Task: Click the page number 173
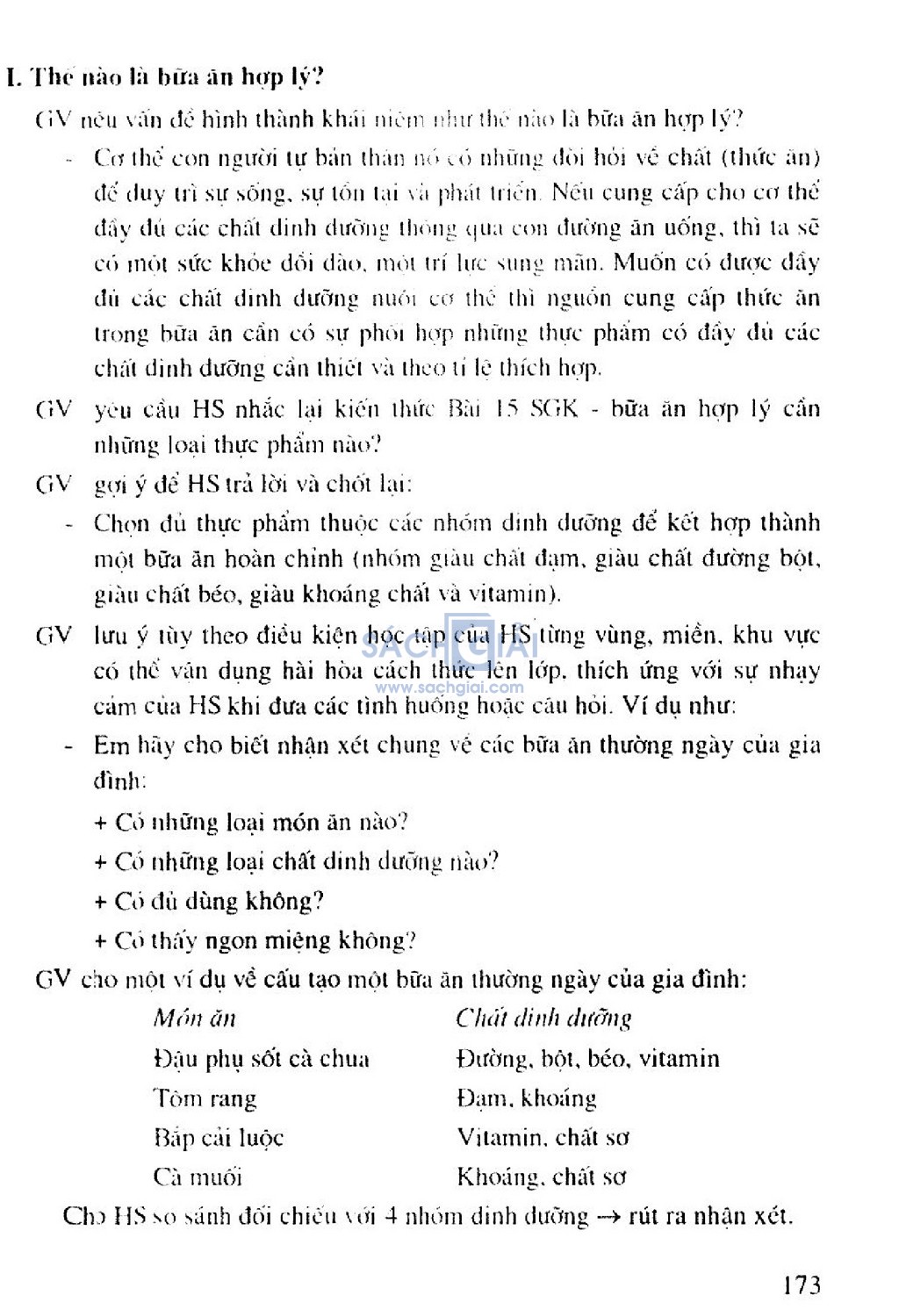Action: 801,1285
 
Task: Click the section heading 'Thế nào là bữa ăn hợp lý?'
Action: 165,77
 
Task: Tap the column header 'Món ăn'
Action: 194,1018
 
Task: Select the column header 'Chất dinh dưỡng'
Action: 543,1018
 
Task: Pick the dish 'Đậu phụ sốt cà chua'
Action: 261,1059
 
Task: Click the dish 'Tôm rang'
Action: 205,1098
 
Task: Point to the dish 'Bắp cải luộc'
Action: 218,1138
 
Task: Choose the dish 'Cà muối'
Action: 198,1177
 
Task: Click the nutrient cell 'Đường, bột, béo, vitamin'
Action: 587,1059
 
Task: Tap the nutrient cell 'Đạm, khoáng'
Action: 526,1098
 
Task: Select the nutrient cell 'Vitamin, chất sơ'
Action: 543,1138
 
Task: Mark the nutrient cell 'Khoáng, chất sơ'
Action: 541,1177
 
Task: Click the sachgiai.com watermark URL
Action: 449,688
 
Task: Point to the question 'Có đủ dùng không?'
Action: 209,902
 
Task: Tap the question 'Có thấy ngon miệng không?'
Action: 255,941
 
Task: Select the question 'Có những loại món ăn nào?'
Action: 251,823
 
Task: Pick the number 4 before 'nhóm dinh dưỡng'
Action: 392,1217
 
